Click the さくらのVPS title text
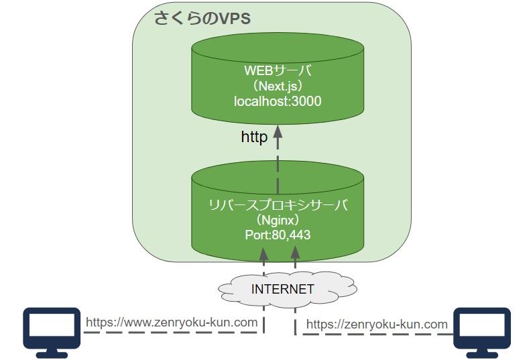pos(202,18)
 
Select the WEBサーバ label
pos(278,70)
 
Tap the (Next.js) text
pos(278,86)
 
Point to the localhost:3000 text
pos(278,101)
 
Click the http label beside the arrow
pos(254,137)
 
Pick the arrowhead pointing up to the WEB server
pos(278,133)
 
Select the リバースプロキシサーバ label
pos(278,205)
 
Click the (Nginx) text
pos(278,220)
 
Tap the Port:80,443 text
pos(278,235)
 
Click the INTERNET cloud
pos(282,290)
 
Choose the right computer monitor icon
pos(482,328)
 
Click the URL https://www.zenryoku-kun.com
pos(172,322)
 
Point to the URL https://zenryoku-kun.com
pos(377,324)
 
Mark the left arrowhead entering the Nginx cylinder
pos(263,253)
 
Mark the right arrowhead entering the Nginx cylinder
pos(294,253)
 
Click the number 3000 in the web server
pos(306,101)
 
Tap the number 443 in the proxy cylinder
pos(300,235)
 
